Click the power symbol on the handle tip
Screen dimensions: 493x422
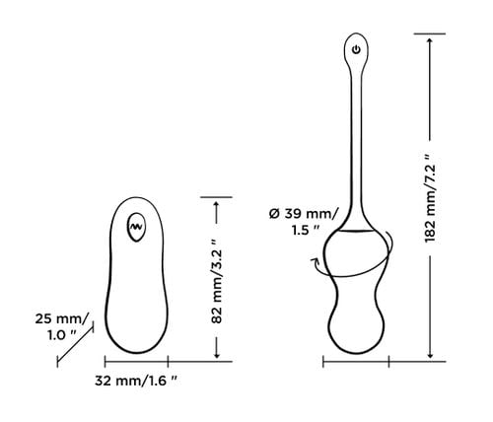[x=356, y=50]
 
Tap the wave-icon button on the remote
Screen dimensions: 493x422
[x=136, y=227]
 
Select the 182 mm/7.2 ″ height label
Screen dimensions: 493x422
[x=430, y=198]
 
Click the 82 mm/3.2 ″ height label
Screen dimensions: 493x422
[x=217, y=281]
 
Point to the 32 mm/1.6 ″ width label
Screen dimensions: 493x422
[x=136, y=381]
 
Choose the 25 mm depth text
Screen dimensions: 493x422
[x=62, y=318]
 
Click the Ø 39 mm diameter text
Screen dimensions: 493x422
[x=303, y=214]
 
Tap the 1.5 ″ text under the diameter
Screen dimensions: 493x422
[x=306, y=230]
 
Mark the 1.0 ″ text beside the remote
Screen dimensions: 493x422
[x=61, y=335]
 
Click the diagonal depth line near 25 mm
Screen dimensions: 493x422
[x=75, y=344]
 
